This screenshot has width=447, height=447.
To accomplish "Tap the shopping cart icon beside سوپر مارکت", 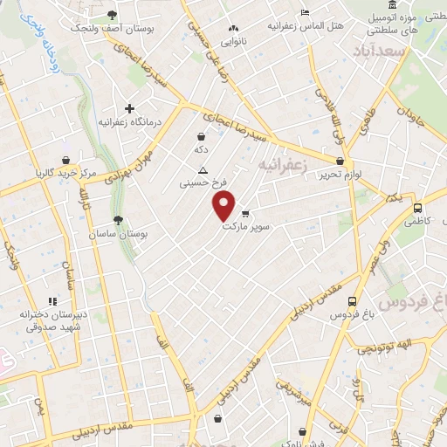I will click(245, 212).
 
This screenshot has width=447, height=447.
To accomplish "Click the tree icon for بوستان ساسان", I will click(119, 221).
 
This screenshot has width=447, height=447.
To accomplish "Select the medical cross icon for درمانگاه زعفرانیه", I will click(129, 109).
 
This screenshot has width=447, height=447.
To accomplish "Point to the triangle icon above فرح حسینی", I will click(203, 170).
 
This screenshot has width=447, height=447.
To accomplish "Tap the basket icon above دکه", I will click(202, 136).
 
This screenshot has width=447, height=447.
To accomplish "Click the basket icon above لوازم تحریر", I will click(340, 161).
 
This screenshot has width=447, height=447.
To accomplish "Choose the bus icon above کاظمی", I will click(418, 209).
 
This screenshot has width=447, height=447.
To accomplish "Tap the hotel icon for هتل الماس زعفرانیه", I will click(304, 12).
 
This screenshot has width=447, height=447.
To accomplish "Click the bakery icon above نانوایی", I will click(232, 28).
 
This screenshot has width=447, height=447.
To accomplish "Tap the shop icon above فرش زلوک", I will click(302, 430).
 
